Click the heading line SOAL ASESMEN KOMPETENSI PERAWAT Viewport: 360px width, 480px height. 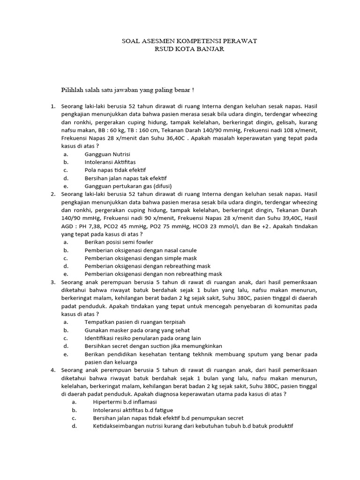tap(189, 41)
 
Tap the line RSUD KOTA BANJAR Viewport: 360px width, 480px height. tap(189, 49)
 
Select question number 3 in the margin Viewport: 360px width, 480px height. tap(53, 282)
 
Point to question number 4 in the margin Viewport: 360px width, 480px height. tap(53, 370)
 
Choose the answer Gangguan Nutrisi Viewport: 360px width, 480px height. tap(107, 154)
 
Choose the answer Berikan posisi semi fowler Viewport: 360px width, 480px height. tap(119, 242)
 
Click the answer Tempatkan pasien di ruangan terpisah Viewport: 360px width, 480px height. tap(135, 322)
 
